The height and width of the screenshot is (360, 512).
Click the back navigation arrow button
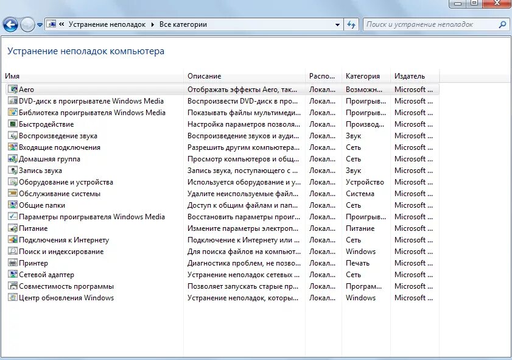point(10,25)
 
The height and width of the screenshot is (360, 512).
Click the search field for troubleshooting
point(430,25)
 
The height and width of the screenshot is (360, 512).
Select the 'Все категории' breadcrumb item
point(183,25)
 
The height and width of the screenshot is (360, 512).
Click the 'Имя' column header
point(12,76)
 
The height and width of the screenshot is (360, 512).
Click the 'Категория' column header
point(362,76)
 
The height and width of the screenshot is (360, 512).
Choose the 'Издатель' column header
point(409,76)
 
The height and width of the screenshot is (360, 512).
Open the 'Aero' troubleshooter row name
point(26,90)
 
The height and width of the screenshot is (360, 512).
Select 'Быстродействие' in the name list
point(46,124)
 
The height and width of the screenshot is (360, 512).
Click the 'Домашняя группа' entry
point(49,159)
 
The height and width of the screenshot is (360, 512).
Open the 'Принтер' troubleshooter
point(33,263)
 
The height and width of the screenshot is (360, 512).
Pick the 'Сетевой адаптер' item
point(46,275)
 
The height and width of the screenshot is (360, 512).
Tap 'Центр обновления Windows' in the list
point(66,298)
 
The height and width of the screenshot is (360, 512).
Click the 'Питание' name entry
point(33,228)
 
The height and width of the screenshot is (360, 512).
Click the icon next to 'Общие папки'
point(12,205)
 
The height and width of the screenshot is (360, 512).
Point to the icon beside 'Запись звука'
point(12,171)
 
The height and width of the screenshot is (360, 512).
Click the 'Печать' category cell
point(357,263)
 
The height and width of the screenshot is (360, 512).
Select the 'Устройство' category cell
point(365,182)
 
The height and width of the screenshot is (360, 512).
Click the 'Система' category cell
point(360,194)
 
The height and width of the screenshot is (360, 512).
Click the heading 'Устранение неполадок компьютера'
point(86,52)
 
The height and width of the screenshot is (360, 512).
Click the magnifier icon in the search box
point(502,25)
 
